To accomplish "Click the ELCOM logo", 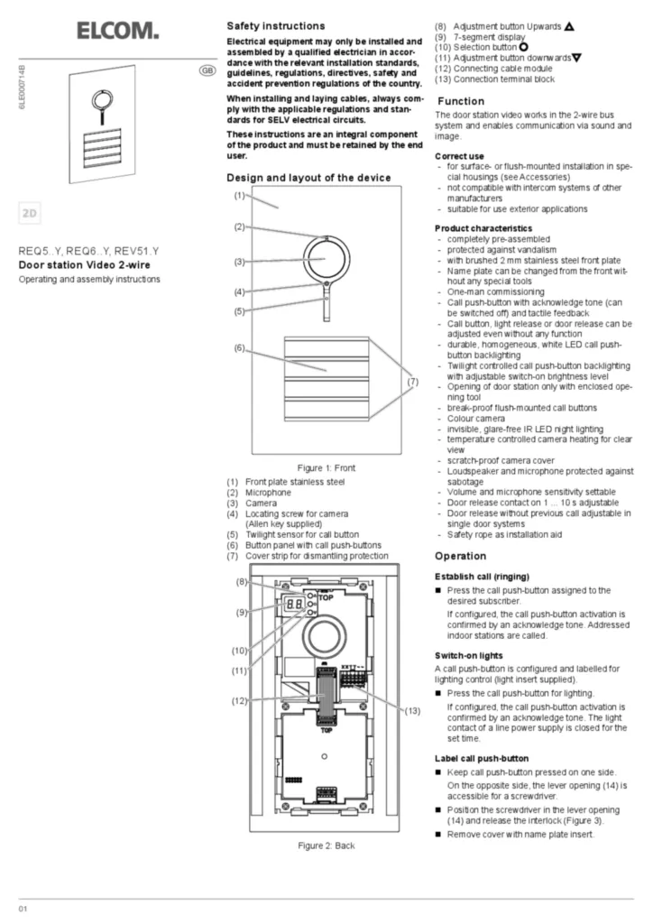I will point(117,32).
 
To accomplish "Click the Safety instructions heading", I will point(275,26).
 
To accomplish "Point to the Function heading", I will point(460,101).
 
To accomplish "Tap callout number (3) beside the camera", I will point(239,262).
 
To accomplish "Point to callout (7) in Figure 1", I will point(412,382).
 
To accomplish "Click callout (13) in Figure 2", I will point(412,710).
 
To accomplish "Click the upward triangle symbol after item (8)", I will point(570,27).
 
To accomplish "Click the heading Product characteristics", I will point(483,228).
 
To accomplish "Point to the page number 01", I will point(23,907).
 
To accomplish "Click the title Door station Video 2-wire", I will point(85,265).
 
